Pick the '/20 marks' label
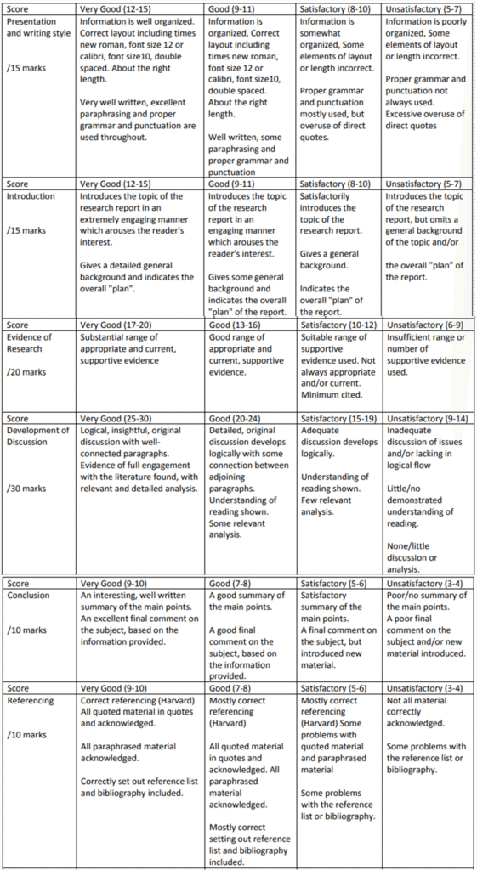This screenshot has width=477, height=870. (x=26, y=371)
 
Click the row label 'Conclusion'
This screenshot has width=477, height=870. (x=28, y=595)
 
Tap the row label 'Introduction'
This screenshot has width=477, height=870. (x=31, y=196)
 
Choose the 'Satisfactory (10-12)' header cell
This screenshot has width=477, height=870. (x=337, y=325)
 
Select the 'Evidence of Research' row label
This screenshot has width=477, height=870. (x=29, y=342)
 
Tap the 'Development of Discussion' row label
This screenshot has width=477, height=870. (x=37, y=436)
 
